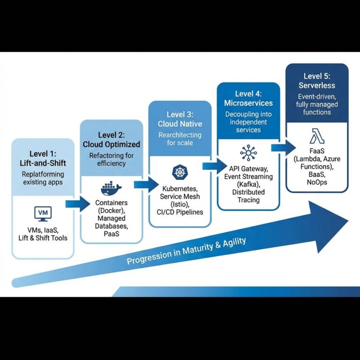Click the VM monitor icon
pyautogui.click(x=43, y=214)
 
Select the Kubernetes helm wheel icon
pyautogui.click(x=180, y=172)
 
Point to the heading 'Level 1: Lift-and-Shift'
pyautogui.click(x=42, y=157)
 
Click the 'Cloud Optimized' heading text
pyautogui.click(x=112, y=145)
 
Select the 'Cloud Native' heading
pyautogui.click(x=180, y=124)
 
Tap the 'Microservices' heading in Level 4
pyautogui.click(x=248, y=103)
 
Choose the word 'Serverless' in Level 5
pyautogui.click(x=317, y=85)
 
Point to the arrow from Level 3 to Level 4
pyautogui.click(x=214, y=165)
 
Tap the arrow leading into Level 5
pyautogui.click(x=282, y=148)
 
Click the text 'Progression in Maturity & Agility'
pyautogui.click(x=187, y=251)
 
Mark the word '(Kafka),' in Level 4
pyautogui.click(x=248, y=184)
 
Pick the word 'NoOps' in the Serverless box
pyautogui.click(x=317, y=181)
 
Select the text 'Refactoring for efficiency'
pyautogui.click(x=112, y=159)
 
